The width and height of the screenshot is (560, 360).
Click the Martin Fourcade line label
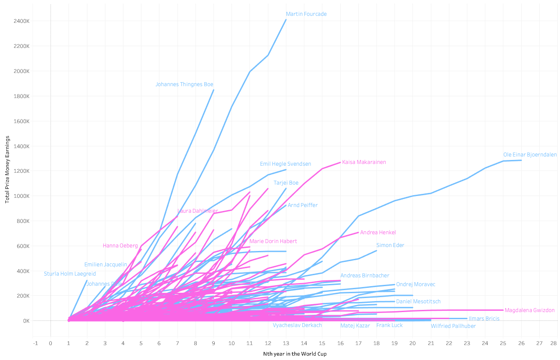[306, 14]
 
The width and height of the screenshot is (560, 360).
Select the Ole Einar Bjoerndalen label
[530, 155]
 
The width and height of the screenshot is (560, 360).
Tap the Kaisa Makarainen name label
[364, 162]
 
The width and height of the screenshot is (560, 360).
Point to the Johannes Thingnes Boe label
[184, 84]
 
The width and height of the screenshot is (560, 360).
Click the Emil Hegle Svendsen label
[285, 164]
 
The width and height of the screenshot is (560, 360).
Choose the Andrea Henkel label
[378, 233]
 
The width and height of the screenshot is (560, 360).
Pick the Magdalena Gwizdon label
[529, 310]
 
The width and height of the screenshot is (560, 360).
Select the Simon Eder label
[390, 245]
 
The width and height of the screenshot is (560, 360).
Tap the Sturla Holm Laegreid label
[70, 274]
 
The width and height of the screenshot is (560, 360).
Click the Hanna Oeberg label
[120, 246]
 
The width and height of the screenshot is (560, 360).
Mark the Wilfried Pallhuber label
[453, 326]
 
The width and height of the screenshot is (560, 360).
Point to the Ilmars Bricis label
[484, 319]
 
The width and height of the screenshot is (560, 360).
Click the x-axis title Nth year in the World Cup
[295, 354]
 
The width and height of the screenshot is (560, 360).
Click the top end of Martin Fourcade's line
[286, 19]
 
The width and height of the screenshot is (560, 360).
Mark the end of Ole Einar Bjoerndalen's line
[521, 160]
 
